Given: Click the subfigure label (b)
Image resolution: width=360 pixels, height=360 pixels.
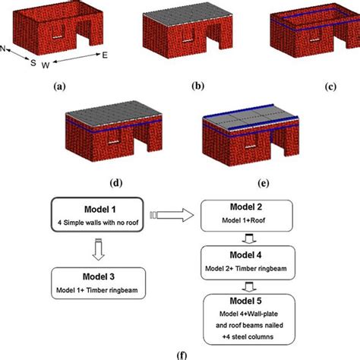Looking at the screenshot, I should coord(198,87).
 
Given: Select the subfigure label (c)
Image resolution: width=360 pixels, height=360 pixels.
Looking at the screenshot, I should coord(330,87).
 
